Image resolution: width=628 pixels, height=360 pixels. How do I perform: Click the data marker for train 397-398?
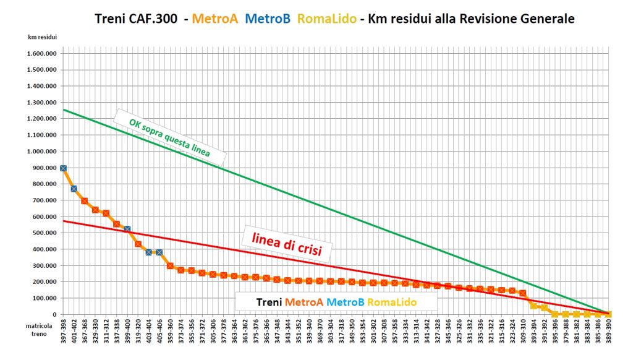[x=63, y=168]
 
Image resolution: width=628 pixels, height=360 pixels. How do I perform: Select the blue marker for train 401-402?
[x=74, y=189]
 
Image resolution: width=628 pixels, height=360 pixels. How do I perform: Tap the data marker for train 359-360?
[x=170, y=266]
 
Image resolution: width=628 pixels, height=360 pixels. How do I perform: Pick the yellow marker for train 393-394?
[x=533, y=306]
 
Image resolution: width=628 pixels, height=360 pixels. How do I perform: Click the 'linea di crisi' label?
[x=286, y=243]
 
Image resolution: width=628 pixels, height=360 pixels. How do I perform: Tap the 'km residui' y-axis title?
[x=42, y=37]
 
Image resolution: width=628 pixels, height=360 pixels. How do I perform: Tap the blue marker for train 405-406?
[x=159, y=252]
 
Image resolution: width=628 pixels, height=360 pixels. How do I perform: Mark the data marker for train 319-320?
[x=138, y=244]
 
